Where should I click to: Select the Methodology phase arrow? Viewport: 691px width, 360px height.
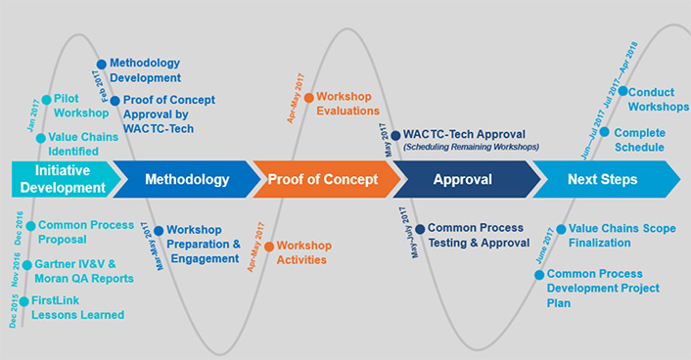coord(186,179)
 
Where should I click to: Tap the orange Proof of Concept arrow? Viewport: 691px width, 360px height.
coord(323,179)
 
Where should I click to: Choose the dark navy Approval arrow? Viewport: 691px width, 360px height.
coord(462,179)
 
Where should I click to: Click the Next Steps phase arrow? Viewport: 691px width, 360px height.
coord(602,179)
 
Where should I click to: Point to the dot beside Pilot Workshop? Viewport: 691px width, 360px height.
coord(45,99)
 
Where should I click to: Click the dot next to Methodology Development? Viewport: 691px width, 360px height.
coord(101,65)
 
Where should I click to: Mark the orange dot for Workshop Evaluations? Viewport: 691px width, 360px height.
coord(308,97)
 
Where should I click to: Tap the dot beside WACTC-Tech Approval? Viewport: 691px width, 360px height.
coord(395,135)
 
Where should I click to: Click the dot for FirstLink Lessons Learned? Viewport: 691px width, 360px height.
coord(23,301)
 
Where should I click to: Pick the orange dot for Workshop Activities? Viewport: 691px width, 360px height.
coord(268,246)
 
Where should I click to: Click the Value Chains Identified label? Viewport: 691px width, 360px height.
coord(83,144)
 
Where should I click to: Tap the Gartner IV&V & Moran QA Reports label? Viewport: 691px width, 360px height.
coord(82,272)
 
